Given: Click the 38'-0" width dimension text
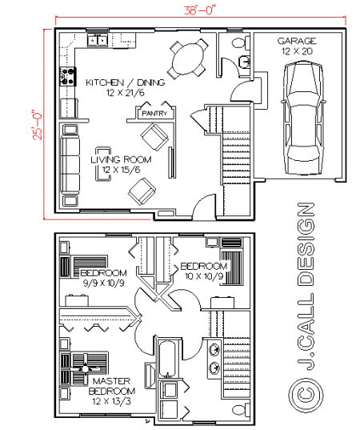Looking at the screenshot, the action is [x=198, y=10].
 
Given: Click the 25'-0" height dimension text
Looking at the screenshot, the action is [x=38, y=125].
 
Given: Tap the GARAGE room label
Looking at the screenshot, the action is [x=297, y=41].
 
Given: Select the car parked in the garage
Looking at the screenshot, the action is [x=303, y=118].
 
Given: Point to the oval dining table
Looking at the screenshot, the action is [x=188, y=58].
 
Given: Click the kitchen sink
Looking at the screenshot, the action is [x=98, y=41].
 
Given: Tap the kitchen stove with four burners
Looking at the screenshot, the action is [x=67, y=77].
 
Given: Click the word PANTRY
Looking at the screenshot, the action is [x=154, y=113].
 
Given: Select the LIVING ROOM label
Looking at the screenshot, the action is [x=121, y=159].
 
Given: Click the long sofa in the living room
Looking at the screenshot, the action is [x=70, y=164].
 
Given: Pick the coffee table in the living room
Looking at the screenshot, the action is [x=103, y=164].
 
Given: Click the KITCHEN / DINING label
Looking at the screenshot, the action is [x=126, y=82].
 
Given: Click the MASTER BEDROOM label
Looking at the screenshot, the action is [x=112, y=386].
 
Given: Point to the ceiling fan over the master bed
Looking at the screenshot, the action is [x=86, y=369].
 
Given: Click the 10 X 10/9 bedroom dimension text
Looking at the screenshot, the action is [x=204, y=276].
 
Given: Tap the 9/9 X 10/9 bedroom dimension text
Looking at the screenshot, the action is [x=103, y=283].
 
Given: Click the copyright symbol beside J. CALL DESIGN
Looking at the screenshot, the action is [x=306, y=395].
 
